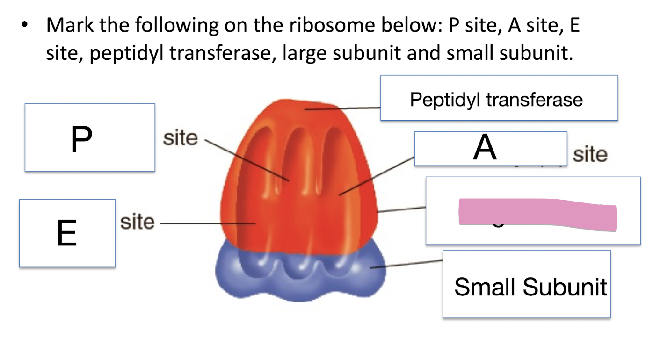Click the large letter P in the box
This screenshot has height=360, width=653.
(x=81, y=139)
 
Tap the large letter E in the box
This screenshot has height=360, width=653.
(x=66, y=234)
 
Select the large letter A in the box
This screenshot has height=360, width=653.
(x=485, y=148)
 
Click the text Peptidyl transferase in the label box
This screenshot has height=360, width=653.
(x=496, y=99)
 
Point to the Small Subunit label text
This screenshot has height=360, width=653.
(x=530, y=286)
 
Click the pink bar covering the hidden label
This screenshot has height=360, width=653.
(x=537, y=215)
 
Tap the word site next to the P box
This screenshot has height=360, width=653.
(x=181, y=138)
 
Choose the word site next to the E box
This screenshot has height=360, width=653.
(x=137, y=222)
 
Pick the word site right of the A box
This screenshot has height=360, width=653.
(x=590, y=154)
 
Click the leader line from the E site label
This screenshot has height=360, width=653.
(x=206, y=224)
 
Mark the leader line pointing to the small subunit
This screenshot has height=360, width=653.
(x=407, y=264)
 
